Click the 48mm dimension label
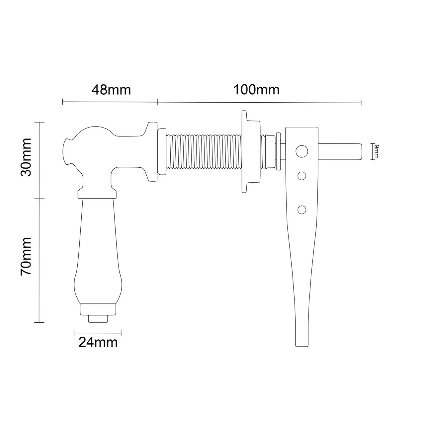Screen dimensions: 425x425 pos(111,90)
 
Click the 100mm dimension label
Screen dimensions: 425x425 pos(256,90)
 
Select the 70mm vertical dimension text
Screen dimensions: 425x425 pos(26,256)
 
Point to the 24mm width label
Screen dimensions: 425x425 pos(98,342)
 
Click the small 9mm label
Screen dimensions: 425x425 pos(376,151)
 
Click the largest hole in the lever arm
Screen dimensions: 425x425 pos(301,151)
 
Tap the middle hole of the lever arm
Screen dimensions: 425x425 pos(301,176)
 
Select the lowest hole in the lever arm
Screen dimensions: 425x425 pos(301,210)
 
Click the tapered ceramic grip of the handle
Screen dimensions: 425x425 pos(98,252)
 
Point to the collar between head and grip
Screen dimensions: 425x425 pos(97,194)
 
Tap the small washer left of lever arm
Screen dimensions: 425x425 pos(278,151)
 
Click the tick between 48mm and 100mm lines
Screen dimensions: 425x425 pos(157,102)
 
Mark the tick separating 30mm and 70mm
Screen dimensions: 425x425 pos(40,199)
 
